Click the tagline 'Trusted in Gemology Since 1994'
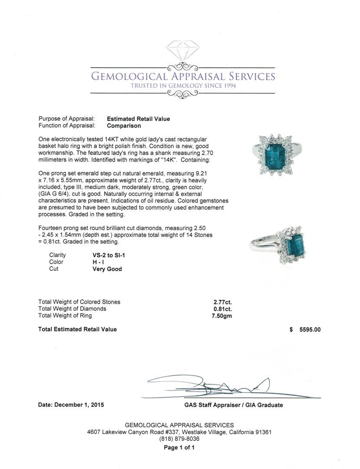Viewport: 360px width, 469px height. [x=183, y=86]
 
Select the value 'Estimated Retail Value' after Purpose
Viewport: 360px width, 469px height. [x=139, y=119]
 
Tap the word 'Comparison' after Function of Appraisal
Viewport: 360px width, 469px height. [x=124, y=126]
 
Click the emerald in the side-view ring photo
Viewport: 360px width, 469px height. [x=295, y=246]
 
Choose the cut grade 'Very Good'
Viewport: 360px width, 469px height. [x=107, y=269]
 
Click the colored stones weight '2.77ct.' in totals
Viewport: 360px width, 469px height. [x=223, y=302]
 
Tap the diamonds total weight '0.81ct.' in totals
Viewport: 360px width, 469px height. [x=223, y=309]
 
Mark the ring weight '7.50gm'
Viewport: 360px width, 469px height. [x=222, y=316]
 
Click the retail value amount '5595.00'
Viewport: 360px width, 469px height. [x=310, y=330]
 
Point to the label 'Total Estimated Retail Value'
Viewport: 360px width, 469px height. [x=77, y=330]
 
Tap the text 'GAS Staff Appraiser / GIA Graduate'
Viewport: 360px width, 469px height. [x=233, y=405]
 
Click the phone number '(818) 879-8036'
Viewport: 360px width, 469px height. [x=179, y=439]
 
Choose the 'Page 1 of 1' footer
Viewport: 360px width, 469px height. [x=179, y=448]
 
